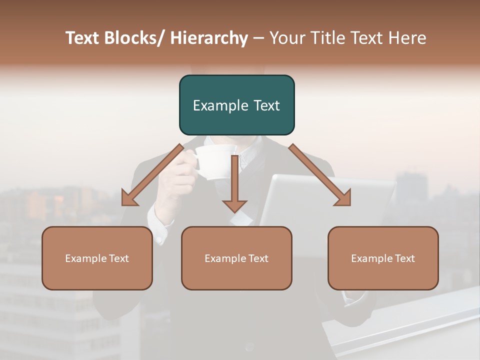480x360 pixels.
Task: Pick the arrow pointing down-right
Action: point(320,175)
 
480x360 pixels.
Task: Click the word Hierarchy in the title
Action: point(208,38)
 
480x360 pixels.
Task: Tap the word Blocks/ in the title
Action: point(133,38)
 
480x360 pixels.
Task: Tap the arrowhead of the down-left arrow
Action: point(129,198)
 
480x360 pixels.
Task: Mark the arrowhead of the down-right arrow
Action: point(343,198)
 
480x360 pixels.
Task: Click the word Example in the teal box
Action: point(216,105)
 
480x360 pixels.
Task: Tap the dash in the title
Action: point(258,38)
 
